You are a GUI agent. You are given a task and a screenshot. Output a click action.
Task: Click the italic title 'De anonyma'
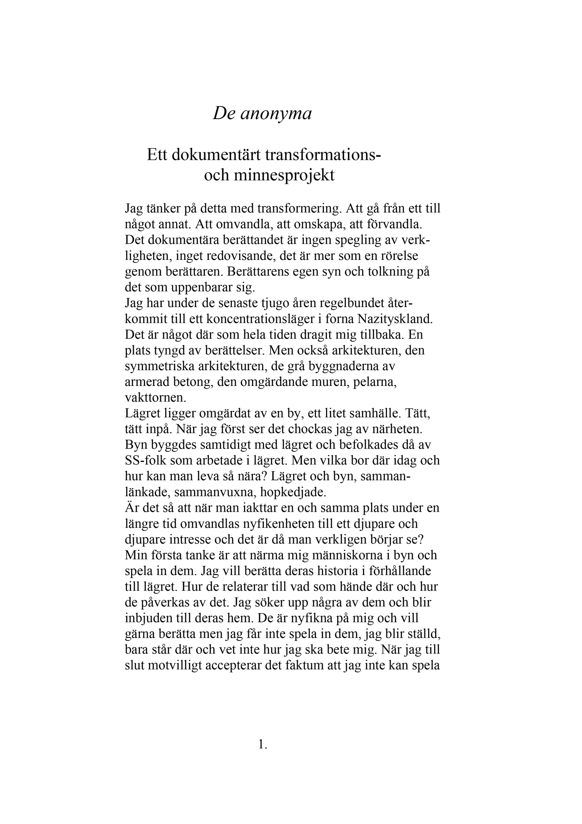[x=262, y=114]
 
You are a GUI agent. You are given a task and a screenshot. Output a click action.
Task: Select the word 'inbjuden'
[x=151, y=618]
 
